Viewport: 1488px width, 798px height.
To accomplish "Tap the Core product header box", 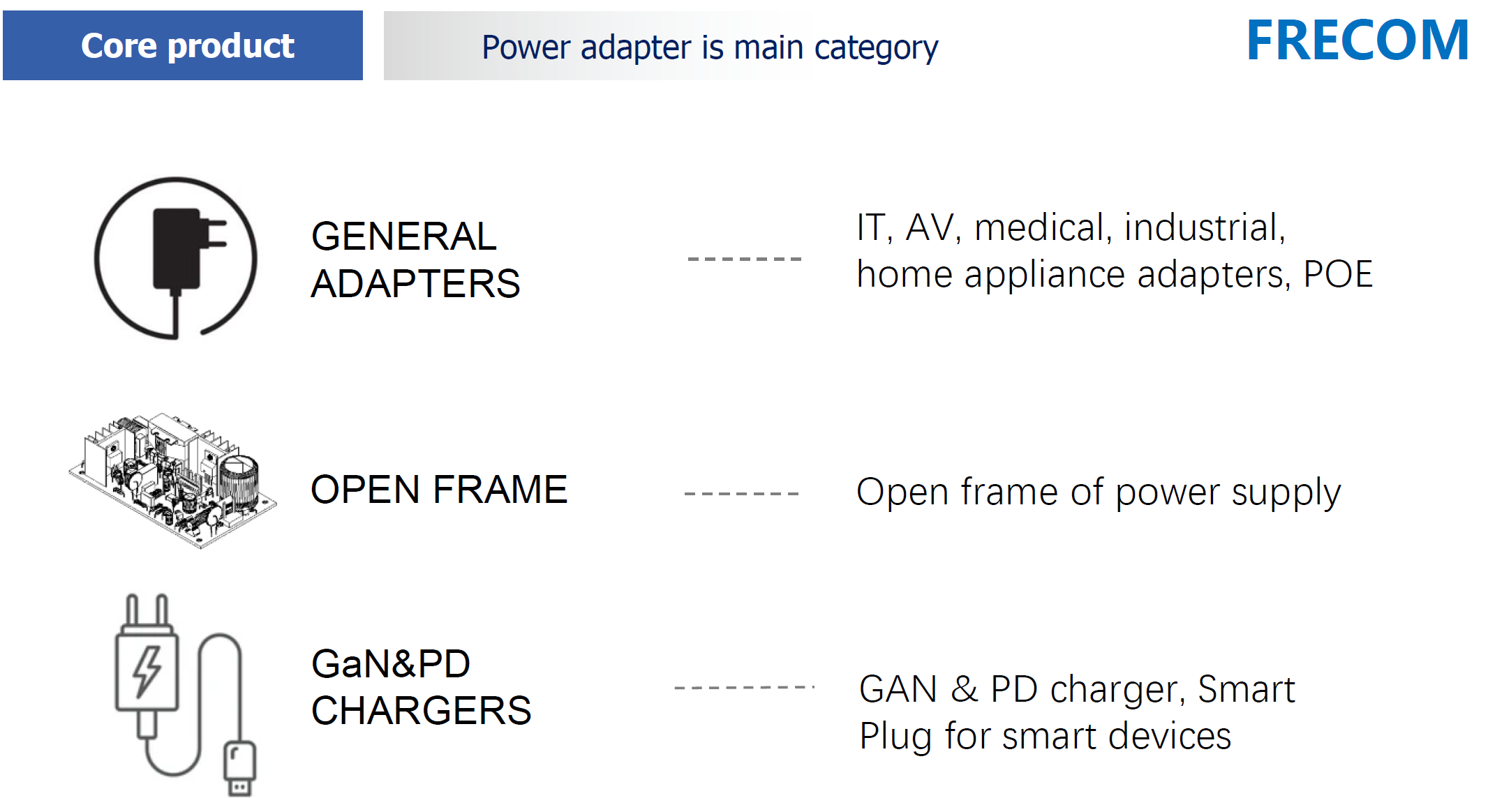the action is point(183,45).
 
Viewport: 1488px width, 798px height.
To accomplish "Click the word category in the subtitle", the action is point(876,49).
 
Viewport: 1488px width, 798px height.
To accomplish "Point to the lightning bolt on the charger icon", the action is point(147,671).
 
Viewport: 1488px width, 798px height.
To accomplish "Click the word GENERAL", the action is point(404,236).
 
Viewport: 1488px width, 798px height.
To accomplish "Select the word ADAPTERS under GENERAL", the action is point(415,284).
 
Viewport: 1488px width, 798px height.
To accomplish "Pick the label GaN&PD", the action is point(391,663).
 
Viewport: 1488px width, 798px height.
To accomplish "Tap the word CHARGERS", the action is point(422,711).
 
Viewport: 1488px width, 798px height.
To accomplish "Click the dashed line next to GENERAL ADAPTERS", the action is point(745,259).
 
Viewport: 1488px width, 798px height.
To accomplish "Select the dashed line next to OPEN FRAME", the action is point(742,494).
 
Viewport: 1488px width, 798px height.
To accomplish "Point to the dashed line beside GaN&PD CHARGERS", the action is point(745,688).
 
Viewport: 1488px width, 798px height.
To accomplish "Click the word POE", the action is point(1338,274).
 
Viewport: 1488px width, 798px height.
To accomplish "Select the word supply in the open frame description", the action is point(1286,494).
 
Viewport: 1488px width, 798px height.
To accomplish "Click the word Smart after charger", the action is point(1247,690).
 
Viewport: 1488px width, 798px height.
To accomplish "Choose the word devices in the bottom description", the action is point(1170,737).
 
